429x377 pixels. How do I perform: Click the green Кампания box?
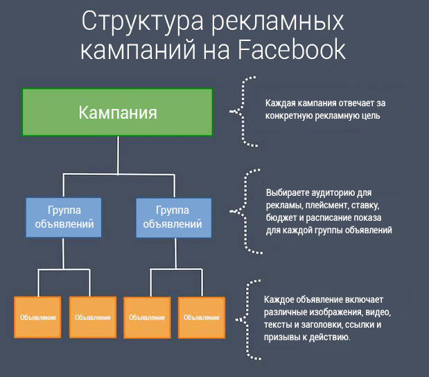click(116, 112)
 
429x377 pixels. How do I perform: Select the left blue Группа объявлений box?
click(64, 217)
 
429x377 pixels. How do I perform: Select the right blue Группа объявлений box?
click(173, 217)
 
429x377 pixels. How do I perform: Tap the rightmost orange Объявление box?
click(202, 317)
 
